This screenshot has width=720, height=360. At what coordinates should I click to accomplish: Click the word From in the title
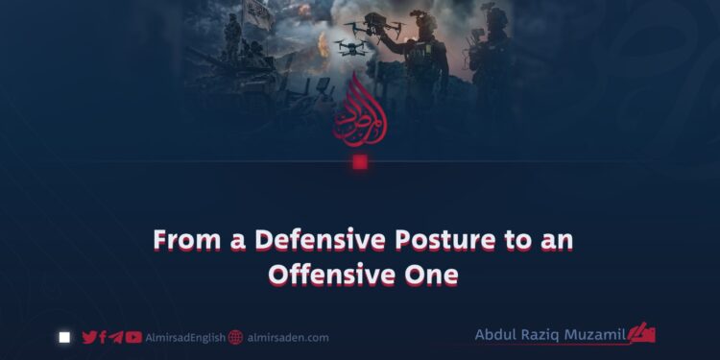click(x=186, y=240)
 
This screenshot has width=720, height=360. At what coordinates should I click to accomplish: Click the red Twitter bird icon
click(x=89, y=338)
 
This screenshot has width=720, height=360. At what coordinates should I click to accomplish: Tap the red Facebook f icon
click(x=103, y=338)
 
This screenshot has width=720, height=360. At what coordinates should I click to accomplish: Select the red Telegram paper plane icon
click(x=116, y=338)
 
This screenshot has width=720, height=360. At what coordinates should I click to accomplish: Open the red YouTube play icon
click(x=133, y=338)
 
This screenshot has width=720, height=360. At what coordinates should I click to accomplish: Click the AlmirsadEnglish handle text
click(x=185, y=338)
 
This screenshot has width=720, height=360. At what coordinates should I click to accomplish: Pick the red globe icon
click(x=235, y=338)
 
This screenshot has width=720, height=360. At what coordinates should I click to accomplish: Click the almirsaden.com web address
click(x=288, y=338)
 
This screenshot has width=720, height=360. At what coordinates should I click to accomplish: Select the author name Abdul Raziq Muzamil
click(x=550, y=335)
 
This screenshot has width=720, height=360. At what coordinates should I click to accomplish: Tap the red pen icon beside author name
click(x=641, y=332)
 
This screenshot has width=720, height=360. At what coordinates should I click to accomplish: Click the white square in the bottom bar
click(x=64, y=338)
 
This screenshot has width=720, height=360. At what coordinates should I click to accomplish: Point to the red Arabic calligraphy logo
click(x=360, y=110)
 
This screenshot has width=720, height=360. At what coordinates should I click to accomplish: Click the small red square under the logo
click(x=360, y=162)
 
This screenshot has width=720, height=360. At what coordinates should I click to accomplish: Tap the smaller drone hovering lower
click(x=352, y=47)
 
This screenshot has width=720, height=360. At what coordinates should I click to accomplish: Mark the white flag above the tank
click(x=258, y=12)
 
